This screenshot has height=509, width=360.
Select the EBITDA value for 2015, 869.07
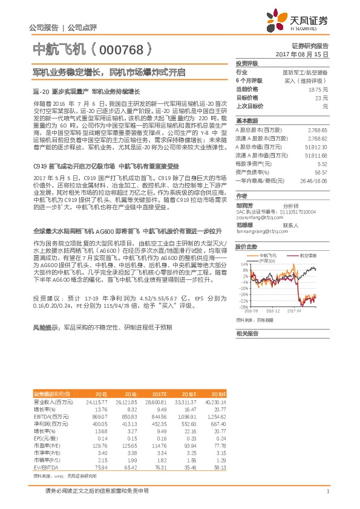click(x=99, y=417)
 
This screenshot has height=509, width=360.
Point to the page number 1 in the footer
click(x=327, y=491)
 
